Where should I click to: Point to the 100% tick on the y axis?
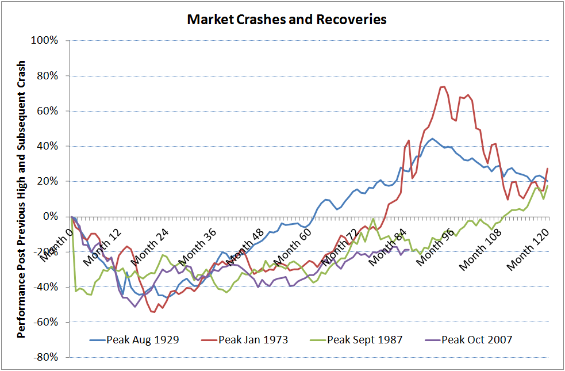pos(48,41)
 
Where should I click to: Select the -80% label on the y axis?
pos(48,357)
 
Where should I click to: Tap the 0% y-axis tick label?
pos(53,217)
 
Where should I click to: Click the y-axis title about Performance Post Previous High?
pos(22,198)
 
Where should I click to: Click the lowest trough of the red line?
pos(153,312)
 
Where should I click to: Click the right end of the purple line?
pos(409,250)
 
